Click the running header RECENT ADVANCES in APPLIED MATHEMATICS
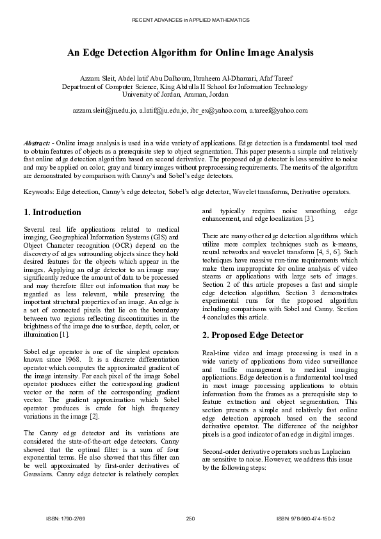click(x=190, y=20)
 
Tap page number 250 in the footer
click(x=190, y=518)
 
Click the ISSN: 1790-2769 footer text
click(x=62, y=518)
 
